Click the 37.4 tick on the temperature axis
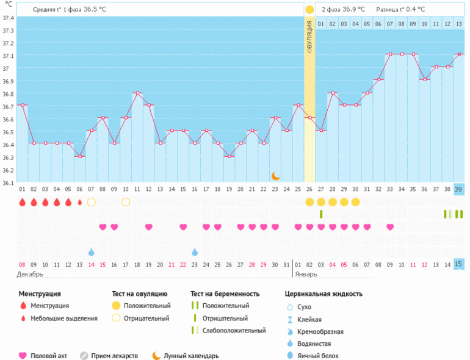click(x=9, y=18)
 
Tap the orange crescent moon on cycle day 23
click(x=275, y=176)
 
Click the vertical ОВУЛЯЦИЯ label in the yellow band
click(x=309, y=37)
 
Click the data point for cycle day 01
click(x=23, y=105)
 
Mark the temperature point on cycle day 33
click(x=389, y=54)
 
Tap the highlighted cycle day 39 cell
click(x=459, y=189)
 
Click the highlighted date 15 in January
click(x=459, y=264)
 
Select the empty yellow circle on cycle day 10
click(x=126, y=202)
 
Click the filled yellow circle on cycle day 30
click(x=355, y=202)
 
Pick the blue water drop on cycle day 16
click(x=195, y=252)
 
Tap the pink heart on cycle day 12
click(x=149, y=227)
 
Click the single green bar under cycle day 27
click(x=321, y=214)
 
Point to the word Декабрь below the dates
click(x=31, y=275)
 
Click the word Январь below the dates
click(x=306, y=275)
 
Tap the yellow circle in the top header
click(x=309, y=10)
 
